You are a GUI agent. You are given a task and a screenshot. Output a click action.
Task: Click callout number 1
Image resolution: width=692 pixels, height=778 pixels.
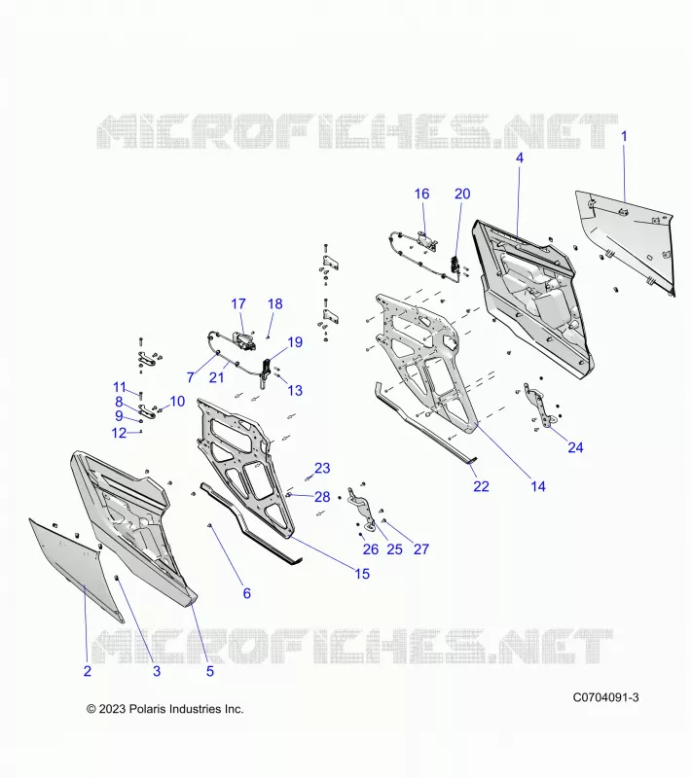pos(624,136)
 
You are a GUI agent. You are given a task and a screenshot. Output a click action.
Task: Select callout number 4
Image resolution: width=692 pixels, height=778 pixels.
pos(520,158)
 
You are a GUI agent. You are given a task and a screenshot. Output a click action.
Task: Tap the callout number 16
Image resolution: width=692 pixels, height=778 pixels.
pos(422,194)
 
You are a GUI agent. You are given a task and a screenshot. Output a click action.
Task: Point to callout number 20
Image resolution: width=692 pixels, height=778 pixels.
pos(462,194)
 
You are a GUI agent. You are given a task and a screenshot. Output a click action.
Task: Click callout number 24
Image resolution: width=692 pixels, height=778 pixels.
pos(575,447)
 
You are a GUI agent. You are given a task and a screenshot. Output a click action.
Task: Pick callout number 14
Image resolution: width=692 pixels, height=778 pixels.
pos(538,486)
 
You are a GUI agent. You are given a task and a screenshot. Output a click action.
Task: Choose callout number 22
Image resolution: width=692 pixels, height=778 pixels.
pos(481,486)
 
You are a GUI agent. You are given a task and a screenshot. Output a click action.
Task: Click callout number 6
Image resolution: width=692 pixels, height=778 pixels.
pos(246,593)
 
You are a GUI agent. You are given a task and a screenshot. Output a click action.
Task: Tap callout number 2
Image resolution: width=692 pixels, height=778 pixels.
pos(88,671)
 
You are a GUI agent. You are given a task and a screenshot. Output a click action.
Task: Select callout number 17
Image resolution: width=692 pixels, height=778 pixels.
pos(238,303)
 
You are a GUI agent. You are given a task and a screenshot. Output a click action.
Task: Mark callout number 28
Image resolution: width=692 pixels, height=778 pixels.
pos(322,497)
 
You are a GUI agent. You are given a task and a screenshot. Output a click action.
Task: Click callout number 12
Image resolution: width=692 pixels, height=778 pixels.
pos(119,433)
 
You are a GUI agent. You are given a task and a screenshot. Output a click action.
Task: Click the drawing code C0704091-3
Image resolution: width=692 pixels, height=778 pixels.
pos(605,697)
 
